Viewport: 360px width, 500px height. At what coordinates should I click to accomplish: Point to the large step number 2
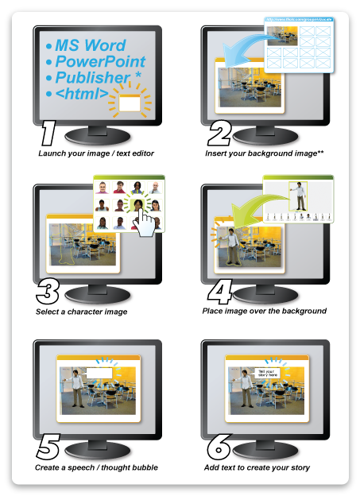(x=219, y=133)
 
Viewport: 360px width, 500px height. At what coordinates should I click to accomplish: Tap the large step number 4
(x=219, y=291)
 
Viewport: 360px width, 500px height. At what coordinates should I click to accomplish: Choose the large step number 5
(x=48, y=448)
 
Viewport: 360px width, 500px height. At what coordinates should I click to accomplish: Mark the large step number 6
(x=218, y=448)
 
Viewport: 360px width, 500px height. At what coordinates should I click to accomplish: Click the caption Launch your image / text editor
(x=95, y=153)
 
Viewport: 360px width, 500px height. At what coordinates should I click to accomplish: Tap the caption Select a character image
(x=81, y=312)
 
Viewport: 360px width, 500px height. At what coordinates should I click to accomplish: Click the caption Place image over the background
(x=265, y=311)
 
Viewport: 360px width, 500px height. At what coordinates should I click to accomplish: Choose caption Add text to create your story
(x=257, y=467)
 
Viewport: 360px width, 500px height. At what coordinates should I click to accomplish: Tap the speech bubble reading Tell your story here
(x=269, y=372)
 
